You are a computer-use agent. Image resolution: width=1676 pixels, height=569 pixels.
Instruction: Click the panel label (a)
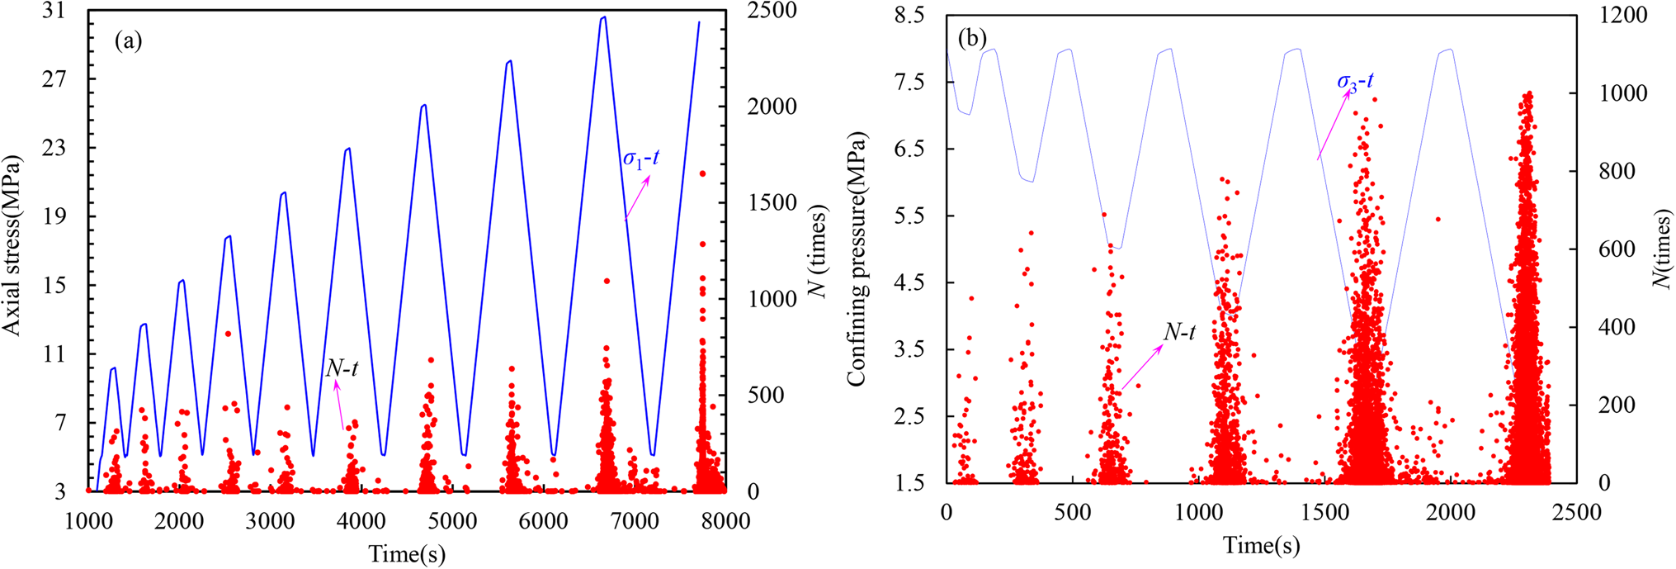[129, 40]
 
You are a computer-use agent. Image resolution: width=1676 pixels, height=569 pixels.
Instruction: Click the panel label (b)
[971, 38]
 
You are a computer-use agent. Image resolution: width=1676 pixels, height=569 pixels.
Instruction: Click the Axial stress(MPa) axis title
[12, 245]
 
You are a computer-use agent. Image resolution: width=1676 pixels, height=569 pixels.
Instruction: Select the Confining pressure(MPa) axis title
[857, 258]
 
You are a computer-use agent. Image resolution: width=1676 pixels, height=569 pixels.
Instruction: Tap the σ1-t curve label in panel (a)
[641, 159]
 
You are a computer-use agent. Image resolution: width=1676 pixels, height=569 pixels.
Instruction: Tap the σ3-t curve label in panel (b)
[1355, 81]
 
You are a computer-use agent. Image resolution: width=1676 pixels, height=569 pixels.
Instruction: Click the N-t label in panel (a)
[342, 368]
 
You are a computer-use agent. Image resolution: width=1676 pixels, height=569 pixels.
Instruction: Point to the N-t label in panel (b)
[1179, 332]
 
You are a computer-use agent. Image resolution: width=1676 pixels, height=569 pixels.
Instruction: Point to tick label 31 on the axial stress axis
[54, 12]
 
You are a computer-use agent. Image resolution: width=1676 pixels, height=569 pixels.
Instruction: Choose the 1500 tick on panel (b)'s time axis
[1324, 513]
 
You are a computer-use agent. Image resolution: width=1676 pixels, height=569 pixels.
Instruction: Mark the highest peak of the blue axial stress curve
[604, 17]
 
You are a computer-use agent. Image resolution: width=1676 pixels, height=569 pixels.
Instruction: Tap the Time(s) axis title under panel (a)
[407, 553]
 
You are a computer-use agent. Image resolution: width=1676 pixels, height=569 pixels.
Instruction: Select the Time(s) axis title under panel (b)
[1261, 546]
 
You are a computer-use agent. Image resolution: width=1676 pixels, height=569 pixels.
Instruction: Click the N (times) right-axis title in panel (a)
[817, 251]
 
